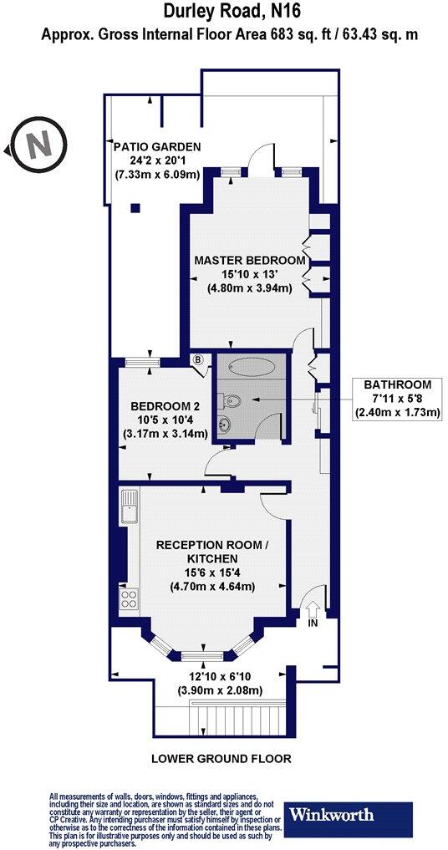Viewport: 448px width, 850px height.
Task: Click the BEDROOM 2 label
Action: (164, 407)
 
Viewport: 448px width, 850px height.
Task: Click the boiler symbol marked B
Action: (198, 360)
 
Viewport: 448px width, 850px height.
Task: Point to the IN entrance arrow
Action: (312, 612)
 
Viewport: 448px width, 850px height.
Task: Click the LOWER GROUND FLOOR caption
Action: (221, 759)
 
